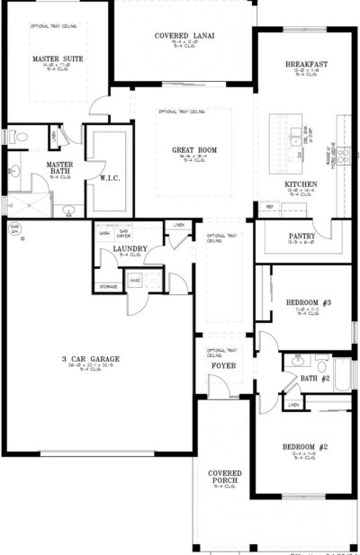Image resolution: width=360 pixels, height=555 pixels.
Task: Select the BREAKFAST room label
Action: [x=305, y=65]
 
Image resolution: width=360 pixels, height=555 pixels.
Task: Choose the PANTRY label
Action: [x=301, y=237]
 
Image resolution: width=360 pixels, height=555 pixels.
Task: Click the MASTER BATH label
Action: [x=60, y=169]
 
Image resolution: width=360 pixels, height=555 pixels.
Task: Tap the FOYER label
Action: [x=222, y=366]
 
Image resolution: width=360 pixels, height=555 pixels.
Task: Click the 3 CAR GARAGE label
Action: [x=91, y=359]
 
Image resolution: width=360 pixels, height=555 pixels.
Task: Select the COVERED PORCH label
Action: [x=223, y=478]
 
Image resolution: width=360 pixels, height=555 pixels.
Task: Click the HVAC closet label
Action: [x=135, y=281]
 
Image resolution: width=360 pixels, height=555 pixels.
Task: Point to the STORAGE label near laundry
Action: [x=108, y=288]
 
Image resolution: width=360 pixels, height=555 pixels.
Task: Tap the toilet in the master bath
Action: [x=21, y=137]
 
